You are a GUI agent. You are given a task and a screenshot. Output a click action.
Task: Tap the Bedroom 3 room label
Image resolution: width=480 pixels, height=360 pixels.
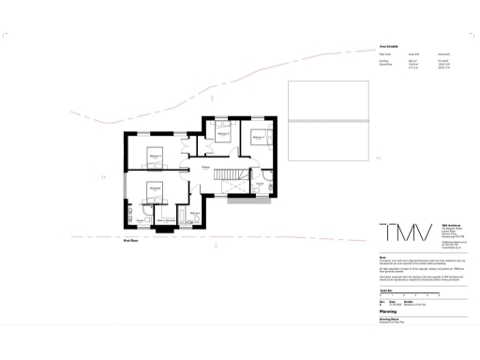point(223,135)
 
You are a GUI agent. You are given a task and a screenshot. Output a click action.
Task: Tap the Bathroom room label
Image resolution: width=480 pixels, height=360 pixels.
point(195,213)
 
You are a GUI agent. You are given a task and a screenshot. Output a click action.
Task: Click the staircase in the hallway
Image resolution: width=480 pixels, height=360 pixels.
point(229,174)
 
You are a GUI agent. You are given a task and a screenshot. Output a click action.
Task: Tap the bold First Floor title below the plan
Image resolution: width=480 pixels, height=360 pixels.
point(132,241)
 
